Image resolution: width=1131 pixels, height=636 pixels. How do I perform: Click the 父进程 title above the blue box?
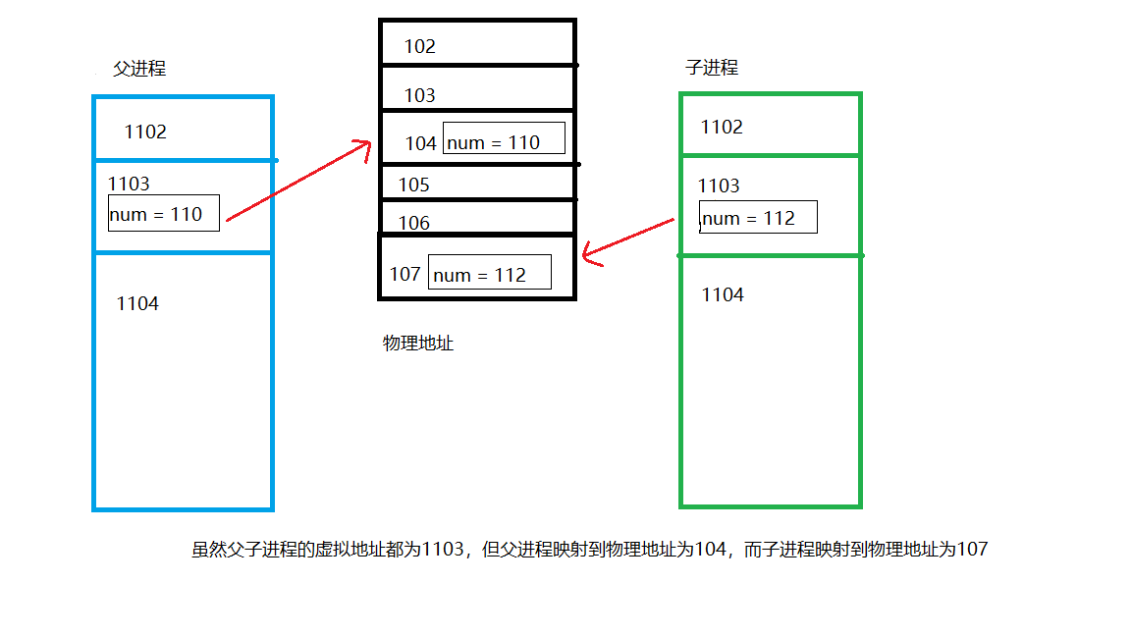[139, 69]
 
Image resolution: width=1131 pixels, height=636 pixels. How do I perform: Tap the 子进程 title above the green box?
[711, 68]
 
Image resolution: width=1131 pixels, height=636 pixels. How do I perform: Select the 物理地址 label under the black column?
[418, 344]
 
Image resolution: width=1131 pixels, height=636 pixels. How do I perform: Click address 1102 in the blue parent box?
[145, 132]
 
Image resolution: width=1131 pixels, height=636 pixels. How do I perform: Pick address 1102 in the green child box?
[722, 127]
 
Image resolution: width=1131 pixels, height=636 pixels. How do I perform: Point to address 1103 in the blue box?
[129, 184]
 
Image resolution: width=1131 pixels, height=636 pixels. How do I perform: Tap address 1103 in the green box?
[719, 185]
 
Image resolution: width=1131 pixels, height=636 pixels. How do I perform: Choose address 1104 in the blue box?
[137, 303]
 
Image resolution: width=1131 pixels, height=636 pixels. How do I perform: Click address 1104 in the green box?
[723, 294]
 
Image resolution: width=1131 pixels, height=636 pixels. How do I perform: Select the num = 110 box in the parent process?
[163, 214]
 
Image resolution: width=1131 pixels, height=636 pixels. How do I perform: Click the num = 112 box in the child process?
[758, 218]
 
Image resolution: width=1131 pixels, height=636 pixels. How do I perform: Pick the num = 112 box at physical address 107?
[490, 273]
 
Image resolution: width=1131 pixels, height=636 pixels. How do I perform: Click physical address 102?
[419, 46]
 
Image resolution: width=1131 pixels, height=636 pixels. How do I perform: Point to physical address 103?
[419, 95]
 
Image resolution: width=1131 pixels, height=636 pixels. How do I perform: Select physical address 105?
[413, 185]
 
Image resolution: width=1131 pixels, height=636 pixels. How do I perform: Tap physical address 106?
[413, 223]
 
